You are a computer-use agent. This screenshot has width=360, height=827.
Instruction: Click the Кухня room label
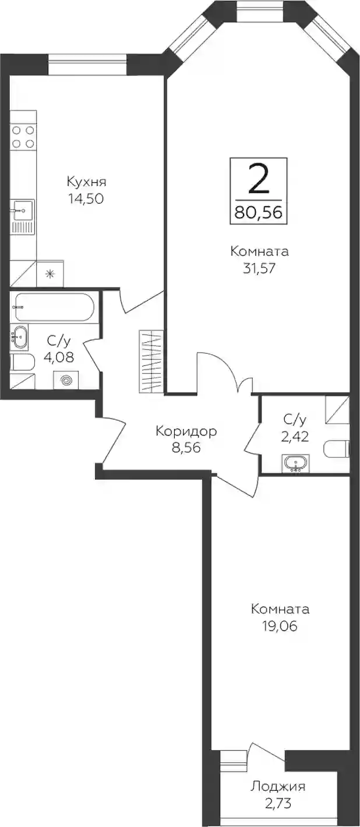pos(87,182)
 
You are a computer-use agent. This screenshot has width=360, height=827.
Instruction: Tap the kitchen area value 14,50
pos(85,199)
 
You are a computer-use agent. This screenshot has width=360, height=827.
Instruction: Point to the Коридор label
pos(186,431)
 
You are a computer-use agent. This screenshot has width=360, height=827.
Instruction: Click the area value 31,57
pos(259,269)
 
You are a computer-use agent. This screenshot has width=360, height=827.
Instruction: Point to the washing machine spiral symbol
pos(66,380)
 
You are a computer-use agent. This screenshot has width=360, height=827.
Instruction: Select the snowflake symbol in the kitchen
pos(50,274)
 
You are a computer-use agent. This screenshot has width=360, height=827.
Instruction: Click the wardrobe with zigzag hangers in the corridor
pos(151,361)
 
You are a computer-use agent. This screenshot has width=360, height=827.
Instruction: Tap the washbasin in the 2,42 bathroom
pos(297,463)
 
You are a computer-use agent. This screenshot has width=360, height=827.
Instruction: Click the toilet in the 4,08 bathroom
pos(22,363)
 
